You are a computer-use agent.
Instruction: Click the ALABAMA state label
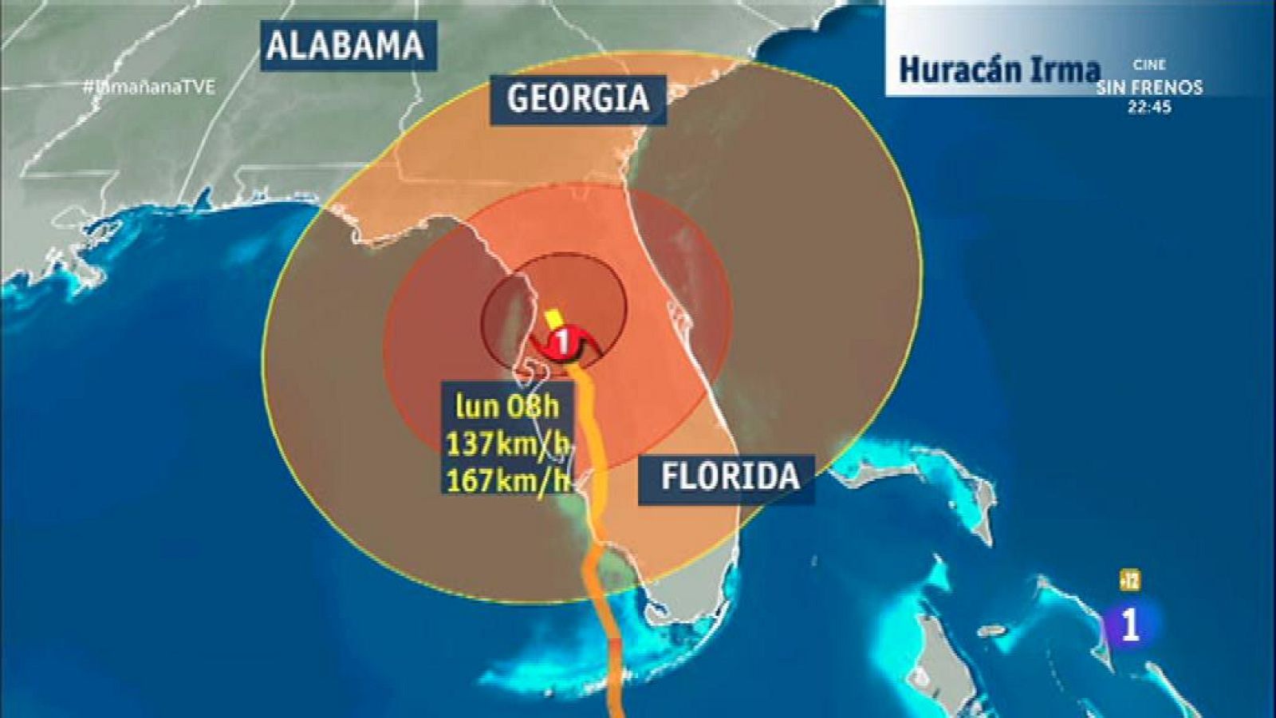(x=345, y=45)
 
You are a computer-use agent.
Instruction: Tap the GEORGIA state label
(x=577, y=98)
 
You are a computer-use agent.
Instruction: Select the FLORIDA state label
(x=729, y=476)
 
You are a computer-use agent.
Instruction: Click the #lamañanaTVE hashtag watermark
(x=149, y=87)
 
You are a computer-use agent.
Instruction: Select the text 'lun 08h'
(x=507, y=406)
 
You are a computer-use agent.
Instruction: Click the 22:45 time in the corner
(x=1149, y=107)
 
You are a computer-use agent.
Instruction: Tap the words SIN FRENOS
(x=1149, y=87)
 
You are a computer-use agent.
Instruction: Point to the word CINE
(x=1149, y=65)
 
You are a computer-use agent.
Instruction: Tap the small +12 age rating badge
(x=1129, y=581)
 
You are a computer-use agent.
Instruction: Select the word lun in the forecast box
(x=477, y=406)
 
